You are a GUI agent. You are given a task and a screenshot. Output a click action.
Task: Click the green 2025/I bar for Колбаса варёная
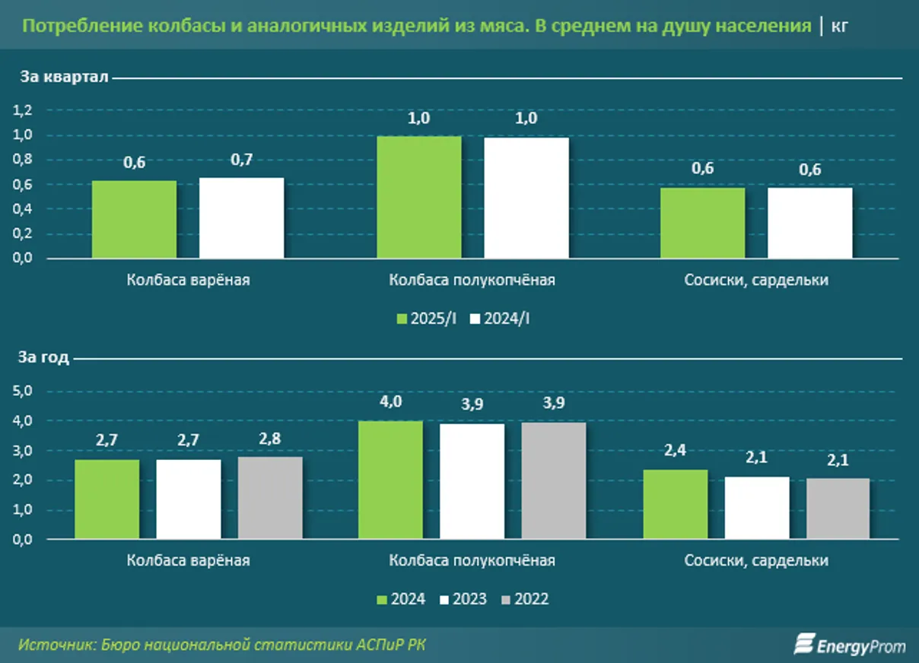134,219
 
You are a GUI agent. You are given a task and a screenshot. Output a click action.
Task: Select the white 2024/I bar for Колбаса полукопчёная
526,198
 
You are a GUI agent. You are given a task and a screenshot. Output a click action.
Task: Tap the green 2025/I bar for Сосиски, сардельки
702,223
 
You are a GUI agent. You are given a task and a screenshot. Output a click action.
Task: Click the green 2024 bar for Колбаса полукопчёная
390,480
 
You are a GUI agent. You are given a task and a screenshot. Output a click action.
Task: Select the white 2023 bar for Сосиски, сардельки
757,508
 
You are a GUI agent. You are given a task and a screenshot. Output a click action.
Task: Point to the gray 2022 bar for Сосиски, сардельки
838,509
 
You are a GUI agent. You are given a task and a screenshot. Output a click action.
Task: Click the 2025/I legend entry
427,319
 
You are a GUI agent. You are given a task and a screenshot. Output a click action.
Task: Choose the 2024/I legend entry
501,319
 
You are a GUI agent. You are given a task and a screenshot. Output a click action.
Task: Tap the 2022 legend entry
525,599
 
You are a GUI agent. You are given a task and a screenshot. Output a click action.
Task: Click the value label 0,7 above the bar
242,160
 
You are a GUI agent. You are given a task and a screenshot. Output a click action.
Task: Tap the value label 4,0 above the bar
390,402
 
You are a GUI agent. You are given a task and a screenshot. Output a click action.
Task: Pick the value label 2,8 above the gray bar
270,438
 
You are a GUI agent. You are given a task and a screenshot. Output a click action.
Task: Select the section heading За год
45,357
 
